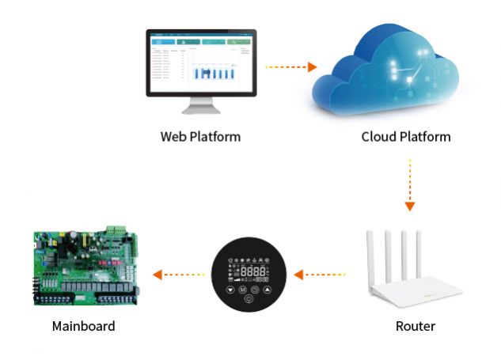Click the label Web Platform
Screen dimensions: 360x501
coord(200,136)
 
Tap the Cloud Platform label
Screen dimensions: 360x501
coord(405,136)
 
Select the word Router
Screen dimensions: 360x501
coord(415,326)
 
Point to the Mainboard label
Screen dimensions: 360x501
coord(83,326)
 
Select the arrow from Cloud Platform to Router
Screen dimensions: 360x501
coord(409,186)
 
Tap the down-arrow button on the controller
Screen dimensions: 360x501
coord(230,289)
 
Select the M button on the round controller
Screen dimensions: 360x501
coord(243,290)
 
